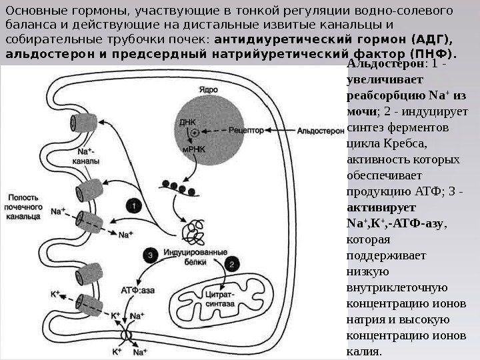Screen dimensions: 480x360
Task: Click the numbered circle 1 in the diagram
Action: (x=135, y=207)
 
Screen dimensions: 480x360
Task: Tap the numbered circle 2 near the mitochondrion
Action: (x=232, y=263)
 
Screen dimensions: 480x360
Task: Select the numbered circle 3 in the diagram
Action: (x=151, y=255)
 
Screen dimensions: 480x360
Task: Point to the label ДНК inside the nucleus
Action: (x=187, y=121)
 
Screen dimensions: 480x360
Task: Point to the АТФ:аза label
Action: (x=139, y=291)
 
